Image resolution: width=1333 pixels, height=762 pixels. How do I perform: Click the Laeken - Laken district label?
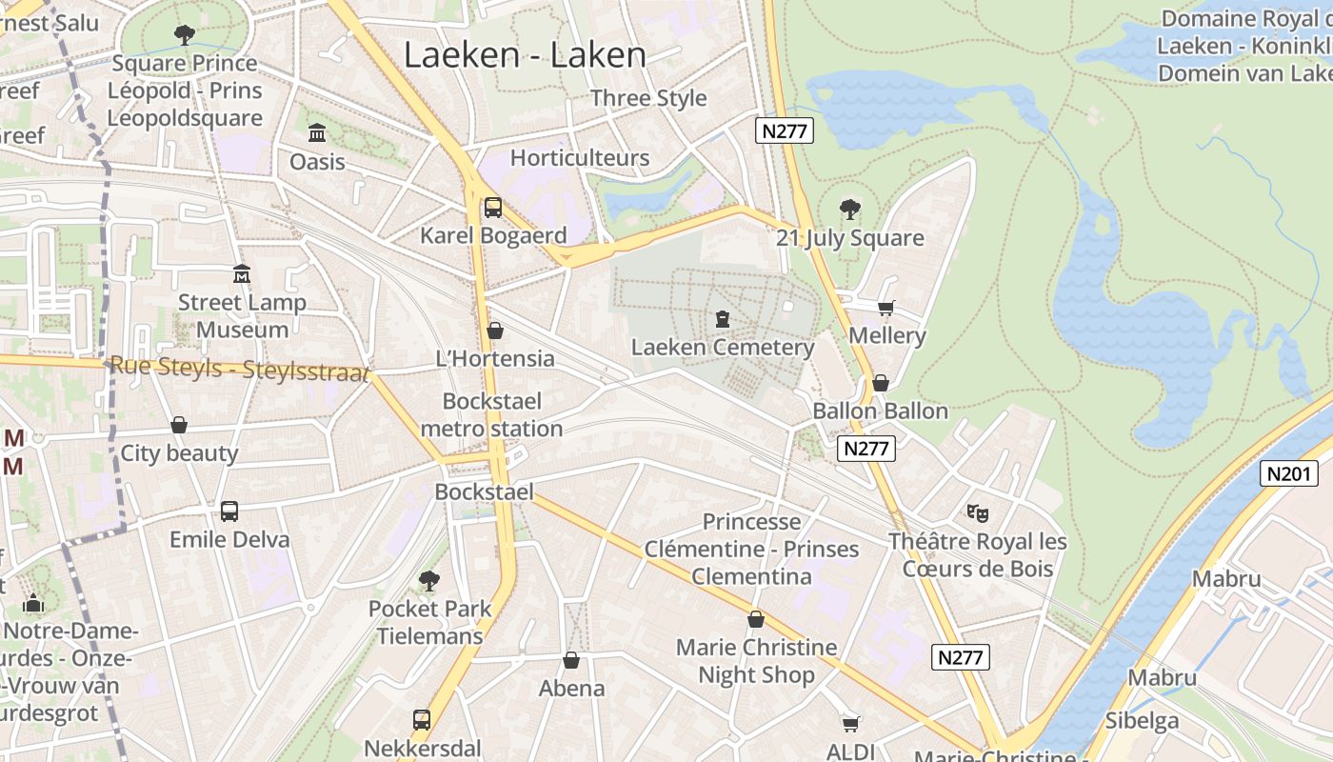pyautogui.click(x=525, y=54)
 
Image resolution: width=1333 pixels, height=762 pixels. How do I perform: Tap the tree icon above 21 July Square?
pyautogui.click(x=850, y=210)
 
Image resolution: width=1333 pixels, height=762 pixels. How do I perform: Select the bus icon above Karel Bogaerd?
pyautogui.click(x=493, y=207)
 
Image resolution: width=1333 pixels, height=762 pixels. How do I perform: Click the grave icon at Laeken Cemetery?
pyautogui.click(x=723, y=318)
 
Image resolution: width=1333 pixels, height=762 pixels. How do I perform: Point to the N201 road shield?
pyautogui.click(x=1288, y=473)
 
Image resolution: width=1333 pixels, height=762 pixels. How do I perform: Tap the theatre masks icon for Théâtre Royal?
pyautogui.click(x=978, y=513)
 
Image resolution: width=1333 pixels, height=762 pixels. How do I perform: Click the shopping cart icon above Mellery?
pyautogui.click(x=886, y=307)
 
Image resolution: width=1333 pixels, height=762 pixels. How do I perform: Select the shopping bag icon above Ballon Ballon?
pyautogui.click(x=881, y=383)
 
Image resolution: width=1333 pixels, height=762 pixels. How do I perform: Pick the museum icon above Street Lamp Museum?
pyautogui.click(x=242, y=274)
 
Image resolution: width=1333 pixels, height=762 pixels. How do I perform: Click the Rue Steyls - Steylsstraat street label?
pyautogui.click(x=239, y=369)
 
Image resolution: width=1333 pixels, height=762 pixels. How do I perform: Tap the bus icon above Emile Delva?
pyautogui.click(x=229, y=511)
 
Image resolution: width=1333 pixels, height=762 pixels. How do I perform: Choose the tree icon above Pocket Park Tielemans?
pyautogui.click(x=429, y=580)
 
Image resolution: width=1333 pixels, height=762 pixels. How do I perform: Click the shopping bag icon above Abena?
pyautogui.click(x=571, y=660)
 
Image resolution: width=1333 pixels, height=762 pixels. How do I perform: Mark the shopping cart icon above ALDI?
pyautogui.click(x=850, y=724)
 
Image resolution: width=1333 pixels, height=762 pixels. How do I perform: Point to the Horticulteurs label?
pyautogui.click(x=580, y=158)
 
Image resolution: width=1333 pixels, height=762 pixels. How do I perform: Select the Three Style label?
pyautogui.click(x=648, y=98)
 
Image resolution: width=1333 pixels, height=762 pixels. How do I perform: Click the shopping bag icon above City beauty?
pyautogui.click(x=179, y=425)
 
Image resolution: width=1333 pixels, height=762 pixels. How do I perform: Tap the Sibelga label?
pyautogui.click(x=1142, y=720)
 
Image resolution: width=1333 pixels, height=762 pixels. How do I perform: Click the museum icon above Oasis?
pyautogui.click(x=317, y=132)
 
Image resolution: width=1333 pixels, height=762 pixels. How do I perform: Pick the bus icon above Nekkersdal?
pyautogui.click(x=422, y=720)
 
